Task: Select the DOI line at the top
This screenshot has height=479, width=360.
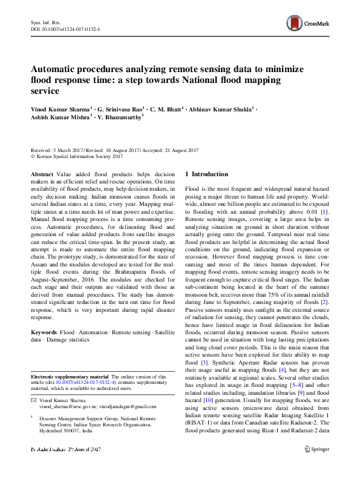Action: pyautogui.click(x=65, y=28)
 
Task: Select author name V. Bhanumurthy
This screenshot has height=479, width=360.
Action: pyautogui.click(x=121, y=119)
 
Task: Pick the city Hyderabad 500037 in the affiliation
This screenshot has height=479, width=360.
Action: pyautogui.click(x=60, y=431)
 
